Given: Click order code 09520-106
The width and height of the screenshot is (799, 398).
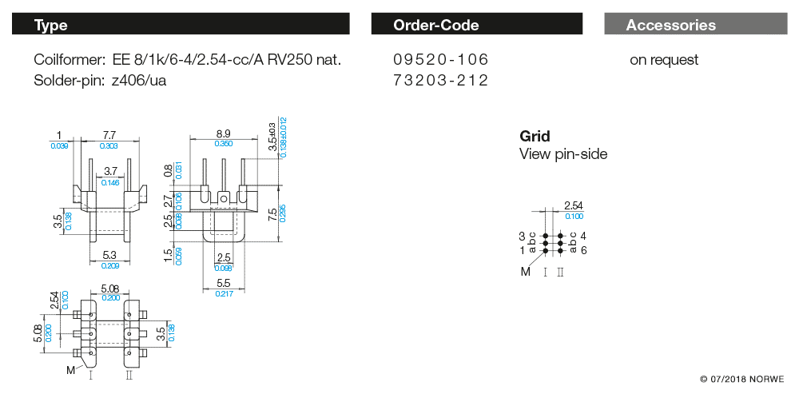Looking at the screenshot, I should click(x=440, y=60).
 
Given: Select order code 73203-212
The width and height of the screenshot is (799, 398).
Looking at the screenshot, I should click(x=440, y=80).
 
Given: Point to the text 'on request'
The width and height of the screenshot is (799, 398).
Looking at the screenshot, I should click(x=664, y=60).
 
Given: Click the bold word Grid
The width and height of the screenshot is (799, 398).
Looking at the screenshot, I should click(x=535, y=136).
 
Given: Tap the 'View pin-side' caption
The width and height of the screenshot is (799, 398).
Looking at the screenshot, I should click(x=563, y=153).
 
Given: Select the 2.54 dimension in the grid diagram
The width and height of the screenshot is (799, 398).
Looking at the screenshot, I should click(x=574, y=206).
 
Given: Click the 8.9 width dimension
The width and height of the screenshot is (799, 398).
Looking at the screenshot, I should click(x=223, y=133).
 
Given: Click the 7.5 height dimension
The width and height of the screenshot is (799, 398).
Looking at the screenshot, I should click(x=272, y=214).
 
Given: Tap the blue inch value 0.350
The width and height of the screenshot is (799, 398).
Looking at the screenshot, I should click(x=223, y=144).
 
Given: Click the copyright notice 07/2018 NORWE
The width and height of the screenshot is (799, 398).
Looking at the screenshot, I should click(x=741, y=378).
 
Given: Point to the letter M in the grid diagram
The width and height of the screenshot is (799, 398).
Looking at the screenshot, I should click(x=526, y=272).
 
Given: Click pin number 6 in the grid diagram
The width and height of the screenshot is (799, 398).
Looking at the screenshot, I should click(x=584, y=250).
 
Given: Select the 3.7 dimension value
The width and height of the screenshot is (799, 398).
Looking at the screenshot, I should click(x=110, y=172).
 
